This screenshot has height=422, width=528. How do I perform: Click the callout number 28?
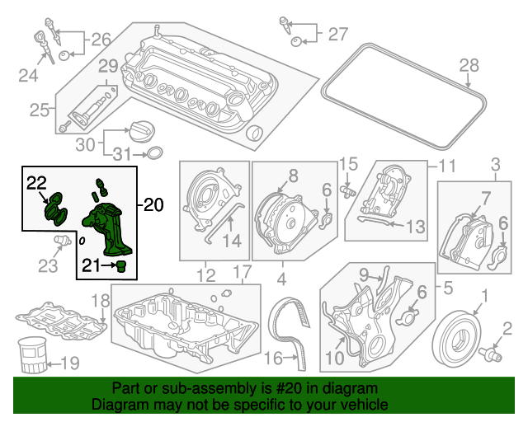pyautogui.click(x=469, y=65)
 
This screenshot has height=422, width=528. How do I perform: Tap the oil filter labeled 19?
pyautogui.click(x=33, y=355)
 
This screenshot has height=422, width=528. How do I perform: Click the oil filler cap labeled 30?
pyautogui.click(x=142, y=132)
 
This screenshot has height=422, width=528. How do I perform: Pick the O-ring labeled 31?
pyautogui.click(x=155, y=153)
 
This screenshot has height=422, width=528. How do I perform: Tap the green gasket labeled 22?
pyautogui.click(x=56, y=209)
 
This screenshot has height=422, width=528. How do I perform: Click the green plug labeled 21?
pyautogui.click(x=121, y=266)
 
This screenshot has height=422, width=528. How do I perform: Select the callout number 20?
pyautogui.click(x=153, y=204)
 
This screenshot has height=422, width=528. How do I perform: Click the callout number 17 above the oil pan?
pyautogui.click(x=243, y=272)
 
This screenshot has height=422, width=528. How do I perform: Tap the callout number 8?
pyautogui.click(x=294, y=176)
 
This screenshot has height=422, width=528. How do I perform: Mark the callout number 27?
pyautogui.click(x=337, y=35)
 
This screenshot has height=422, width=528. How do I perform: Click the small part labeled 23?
pyautogui.click(x=63, y=241)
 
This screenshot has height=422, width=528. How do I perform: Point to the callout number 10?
pyautogui.click(x=335, y=358)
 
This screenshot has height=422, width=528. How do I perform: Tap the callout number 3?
pyautogui.click(x=496, y=165)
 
